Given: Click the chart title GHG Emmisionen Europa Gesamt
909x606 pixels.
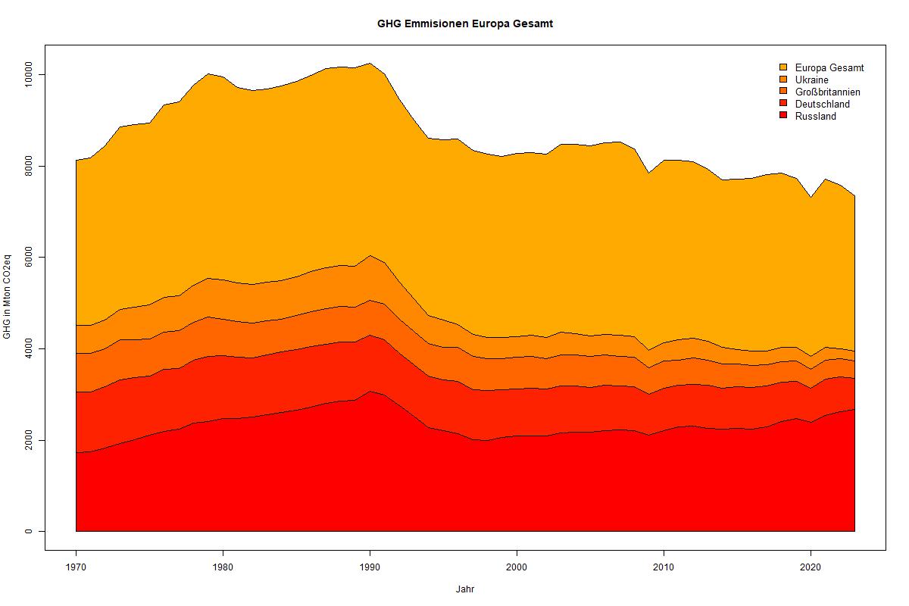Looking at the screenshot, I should pos(465,23).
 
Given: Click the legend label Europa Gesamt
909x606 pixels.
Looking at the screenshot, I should pos(829,67).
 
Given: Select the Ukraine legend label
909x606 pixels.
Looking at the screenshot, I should pos(811,80).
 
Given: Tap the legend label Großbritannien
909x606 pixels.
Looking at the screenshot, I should pos(827,92).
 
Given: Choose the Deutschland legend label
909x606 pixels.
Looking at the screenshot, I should pos(822,104).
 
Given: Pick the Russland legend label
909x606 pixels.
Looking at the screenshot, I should pos(815,116).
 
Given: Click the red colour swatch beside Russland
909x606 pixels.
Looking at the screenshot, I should pos(783,116).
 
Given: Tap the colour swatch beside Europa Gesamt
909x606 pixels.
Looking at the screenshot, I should pos(783,67).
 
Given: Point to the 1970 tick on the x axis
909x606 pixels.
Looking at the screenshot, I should pos(76,566).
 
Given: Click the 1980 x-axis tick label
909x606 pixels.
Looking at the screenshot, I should pos(223,566).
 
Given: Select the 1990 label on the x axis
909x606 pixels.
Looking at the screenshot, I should pos(370,566).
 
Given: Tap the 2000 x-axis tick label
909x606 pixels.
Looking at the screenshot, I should pos(517,566).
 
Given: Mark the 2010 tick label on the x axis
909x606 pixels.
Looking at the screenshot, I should pos(664,566).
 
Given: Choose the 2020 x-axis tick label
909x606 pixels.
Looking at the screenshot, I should pos(811,566).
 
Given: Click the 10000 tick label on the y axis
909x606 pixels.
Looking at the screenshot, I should pos(29,75).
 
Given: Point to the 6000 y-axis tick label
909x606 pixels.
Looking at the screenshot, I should pos(29,258).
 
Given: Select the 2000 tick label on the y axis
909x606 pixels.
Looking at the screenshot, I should pos(29,440).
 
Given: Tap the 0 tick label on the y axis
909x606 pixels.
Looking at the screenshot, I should pos(29,532).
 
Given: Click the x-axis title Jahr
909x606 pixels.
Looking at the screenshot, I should pos(465,589).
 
